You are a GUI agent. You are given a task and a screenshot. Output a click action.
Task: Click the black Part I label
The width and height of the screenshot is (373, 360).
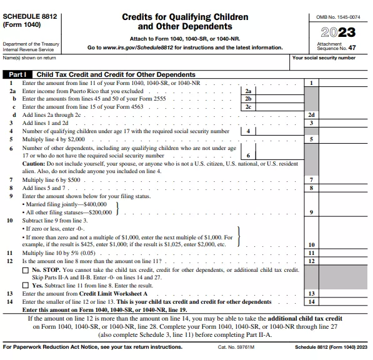pyautogui.click(x=17, y=74)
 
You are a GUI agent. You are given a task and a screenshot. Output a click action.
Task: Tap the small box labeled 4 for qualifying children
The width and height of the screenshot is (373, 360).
pyautogui.click(x=248, y=131)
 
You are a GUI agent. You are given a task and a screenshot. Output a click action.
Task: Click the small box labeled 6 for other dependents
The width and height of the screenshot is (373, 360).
pyautogui.click(x=248, y=156)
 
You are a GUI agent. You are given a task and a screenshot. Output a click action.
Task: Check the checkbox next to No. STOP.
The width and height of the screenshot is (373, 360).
pyautogui.click(x=26, y=270)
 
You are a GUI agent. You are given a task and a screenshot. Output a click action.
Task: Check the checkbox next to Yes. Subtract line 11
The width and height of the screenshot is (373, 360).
pyautogui.click(x=26, y=285)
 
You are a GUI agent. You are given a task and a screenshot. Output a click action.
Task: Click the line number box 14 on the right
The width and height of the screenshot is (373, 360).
pyautogui.click(x=311, y=301)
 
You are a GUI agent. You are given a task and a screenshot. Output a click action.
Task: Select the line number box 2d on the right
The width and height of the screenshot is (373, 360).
pyautogui.click(x=311, y=115)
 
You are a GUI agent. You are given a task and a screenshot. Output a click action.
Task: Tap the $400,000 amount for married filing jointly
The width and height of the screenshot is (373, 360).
pyautogui.click(x=94, y=204)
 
